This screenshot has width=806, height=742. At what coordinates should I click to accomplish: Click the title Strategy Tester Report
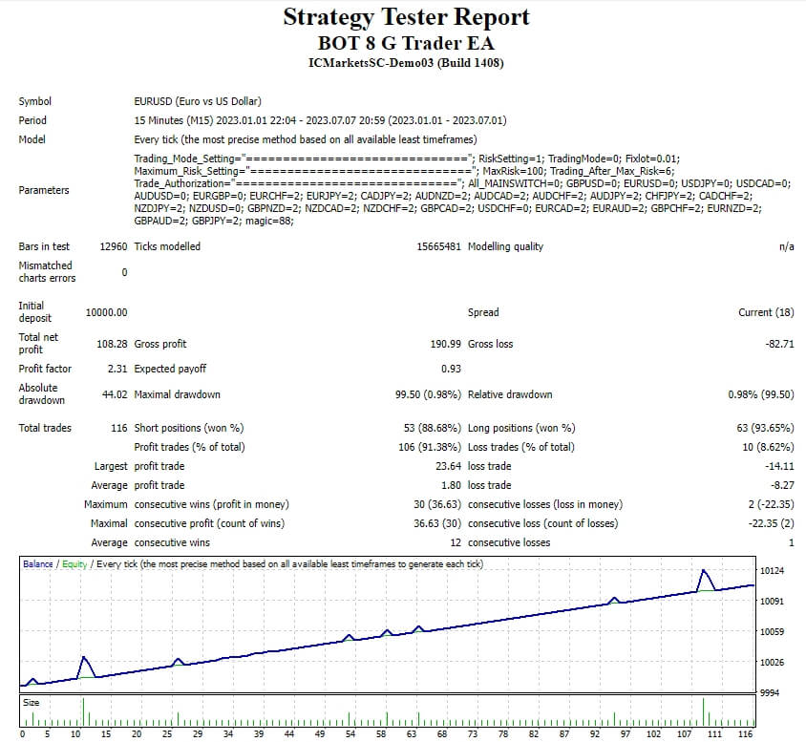point(406,17)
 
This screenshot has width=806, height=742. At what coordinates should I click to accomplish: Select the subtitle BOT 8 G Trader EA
point(406,43)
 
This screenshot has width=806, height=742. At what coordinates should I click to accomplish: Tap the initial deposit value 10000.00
point(106,312)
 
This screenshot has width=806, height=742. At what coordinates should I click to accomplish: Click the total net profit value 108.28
point(113,344)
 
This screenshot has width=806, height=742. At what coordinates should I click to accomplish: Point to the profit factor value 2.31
point(117,369)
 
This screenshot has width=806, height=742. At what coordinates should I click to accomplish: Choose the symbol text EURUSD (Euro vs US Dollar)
point(198,101)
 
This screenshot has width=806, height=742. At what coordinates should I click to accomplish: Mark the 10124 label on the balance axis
point(772,571)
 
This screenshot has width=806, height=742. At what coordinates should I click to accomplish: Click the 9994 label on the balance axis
point(770,692)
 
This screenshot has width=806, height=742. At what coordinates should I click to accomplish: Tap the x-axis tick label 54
point(350,734)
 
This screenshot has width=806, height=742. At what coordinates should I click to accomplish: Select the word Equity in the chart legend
point(74,564)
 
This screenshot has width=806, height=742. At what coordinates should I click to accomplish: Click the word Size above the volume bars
point(32,703)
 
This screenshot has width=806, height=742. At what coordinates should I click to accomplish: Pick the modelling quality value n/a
point(786,246)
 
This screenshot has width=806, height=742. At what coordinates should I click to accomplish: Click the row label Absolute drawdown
point(38,394)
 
